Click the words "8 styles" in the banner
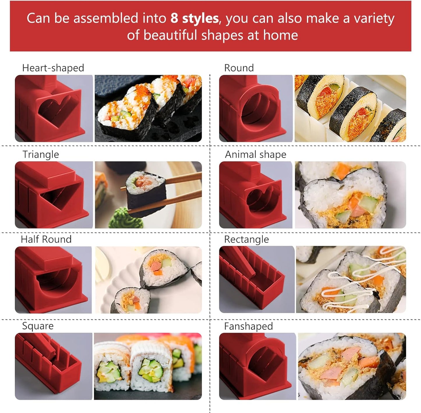coord(194,18)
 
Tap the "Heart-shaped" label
coord(53,68)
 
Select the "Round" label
coord(239,68)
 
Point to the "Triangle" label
coord(41,154)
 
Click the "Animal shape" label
coord(256,154)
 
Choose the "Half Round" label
coord(46,239)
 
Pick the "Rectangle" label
coord(246,239)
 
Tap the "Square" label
coord(38,326)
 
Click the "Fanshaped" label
coord(249,326)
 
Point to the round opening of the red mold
coord(257,109)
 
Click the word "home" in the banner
coord(280,35)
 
